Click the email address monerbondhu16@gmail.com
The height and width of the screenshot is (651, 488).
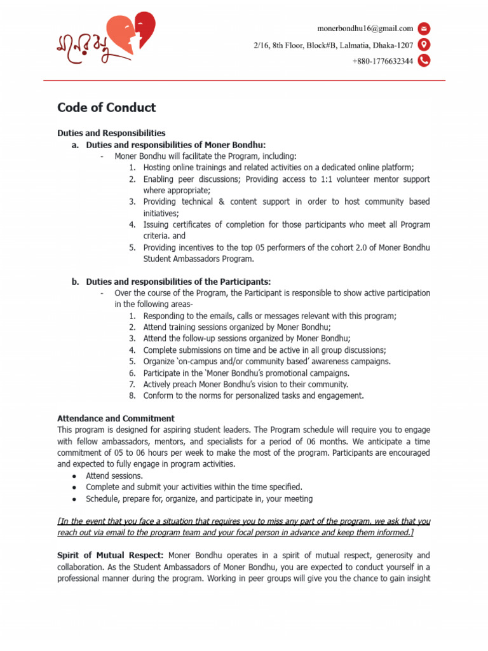click(365, 28)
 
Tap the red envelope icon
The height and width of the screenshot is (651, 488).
click(424, 28)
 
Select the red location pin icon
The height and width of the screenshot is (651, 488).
click(424, 45)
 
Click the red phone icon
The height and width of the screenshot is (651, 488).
click(424, 61)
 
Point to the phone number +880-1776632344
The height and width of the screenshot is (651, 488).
click(383, 61)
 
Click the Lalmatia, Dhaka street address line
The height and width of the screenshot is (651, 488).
click(334, 45)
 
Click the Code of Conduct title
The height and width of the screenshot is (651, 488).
click(106, 107)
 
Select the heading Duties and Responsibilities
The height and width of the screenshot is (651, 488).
click(111, 133)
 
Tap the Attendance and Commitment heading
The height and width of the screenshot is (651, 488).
click(116, 418)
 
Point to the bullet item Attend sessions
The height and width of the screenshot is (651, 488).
click(114, 476)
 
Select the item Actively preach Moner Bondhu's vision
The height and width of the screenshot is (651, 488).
click(245, 384)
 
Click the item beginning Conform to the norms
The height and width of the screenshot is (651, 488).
click(253, 395)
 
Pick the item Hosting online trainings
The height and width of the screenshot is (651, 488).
click(278, 167)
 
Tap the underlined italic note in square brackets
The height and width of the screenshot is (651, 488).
click(244, 526)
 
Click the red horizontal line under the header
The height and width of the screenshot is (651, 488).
click(244, 81)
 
